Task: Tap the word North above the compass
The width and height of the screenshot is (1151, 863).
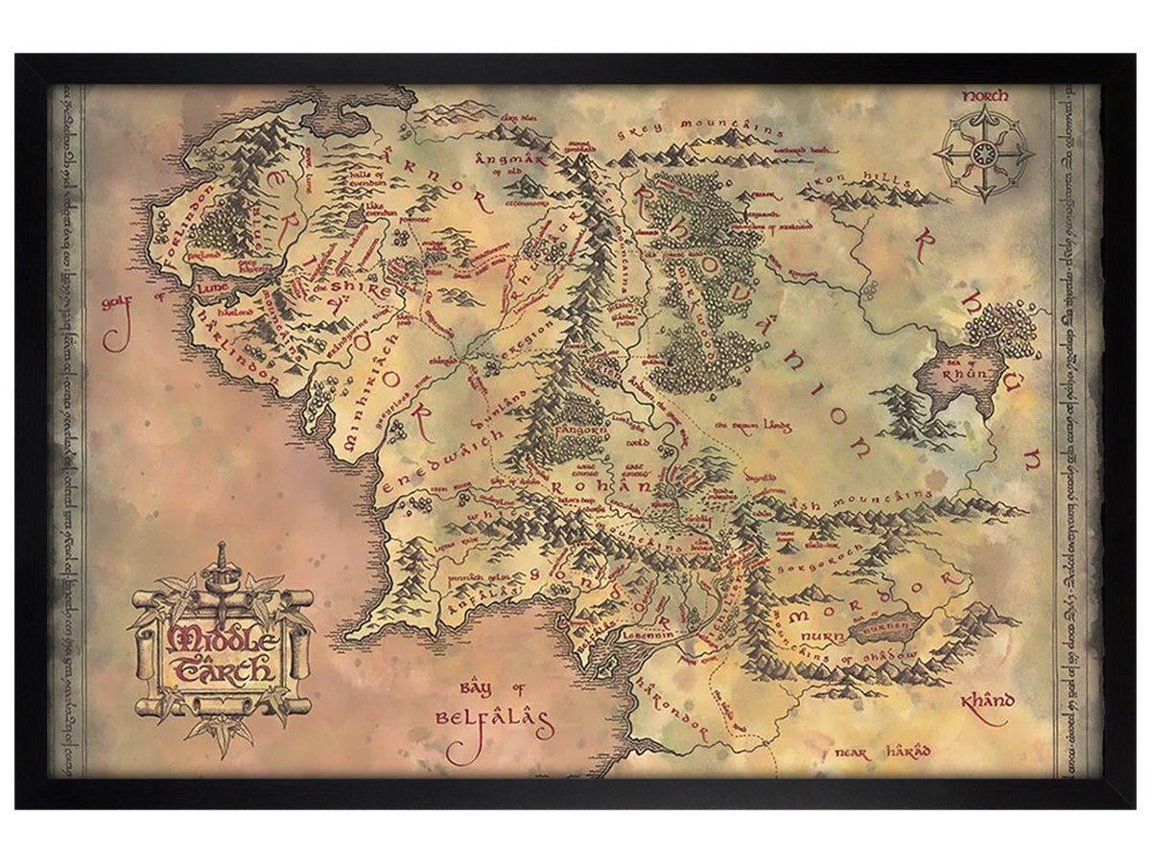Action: click(x=984, y=96)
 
